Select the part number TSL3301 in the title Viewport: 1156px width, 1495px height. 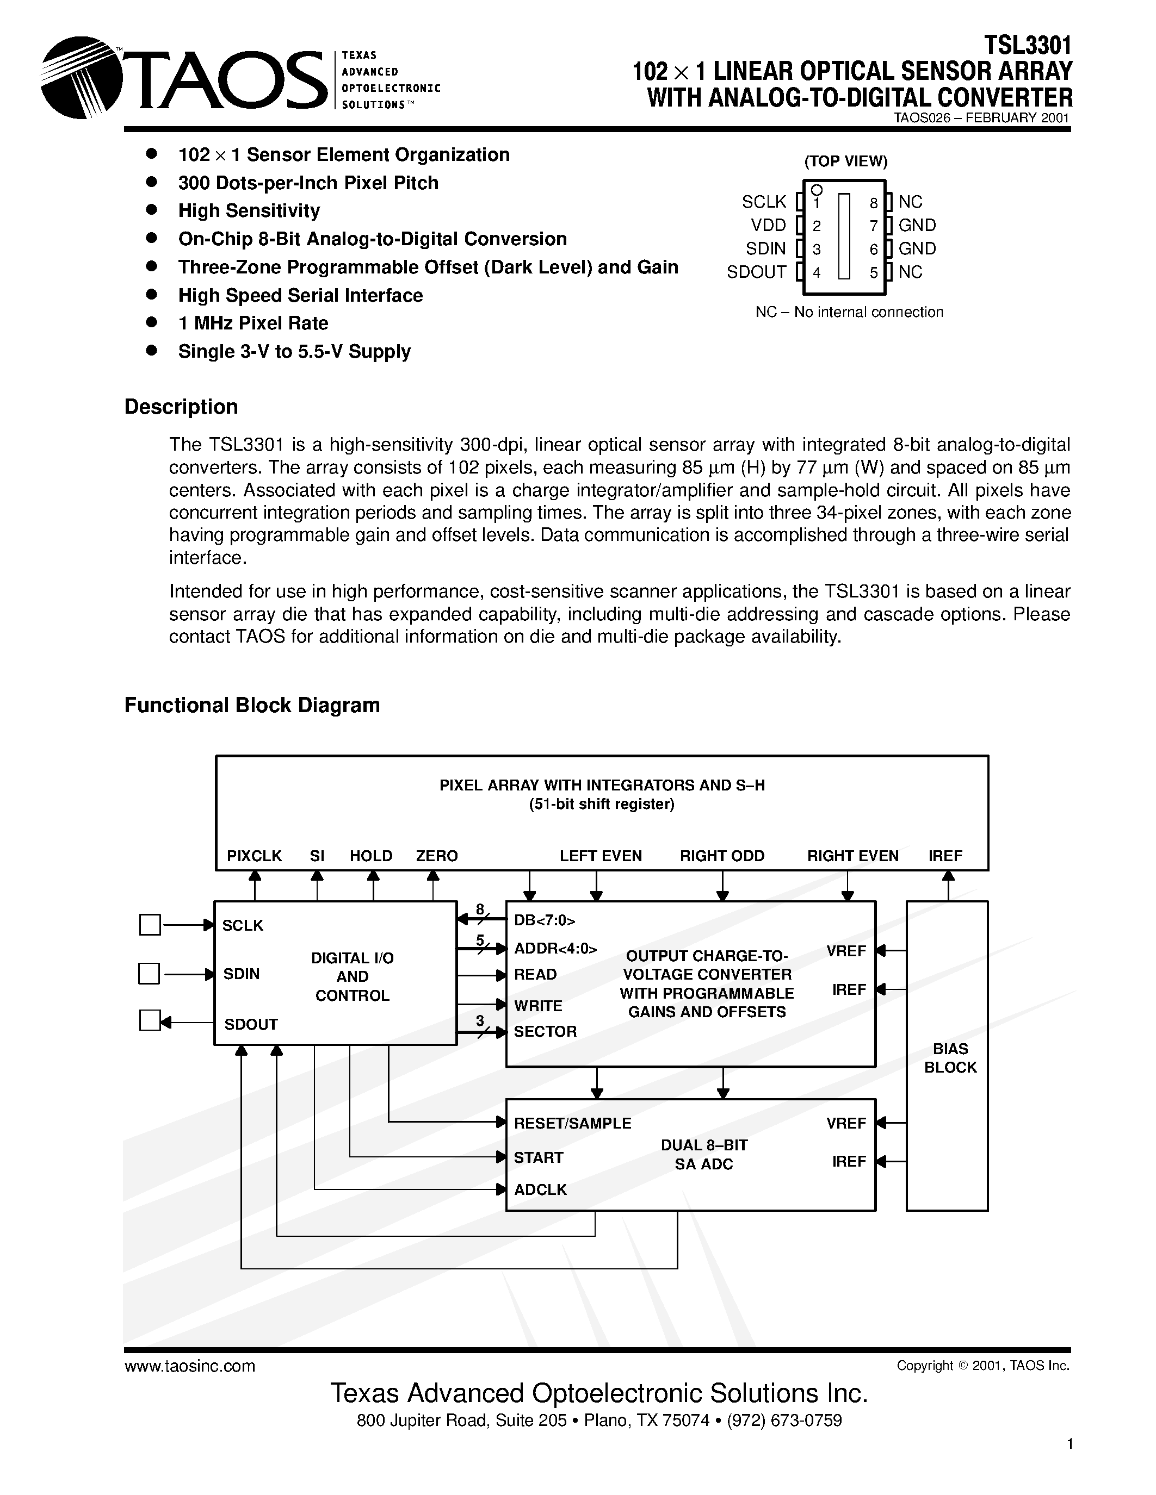[x=1027, y=45]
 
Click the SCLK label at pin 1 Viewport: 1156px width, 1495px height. [x=764, y=202]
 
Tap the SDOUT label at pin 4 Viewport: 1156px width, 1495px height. [x=756, y=272]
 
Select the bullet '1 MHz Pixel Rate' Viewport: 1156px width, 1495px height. [x=253, y=323]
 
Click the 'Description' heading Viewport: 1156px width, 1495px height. [x=181, y=407]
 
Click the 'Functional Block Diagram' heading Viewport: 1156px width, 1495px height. [x=251, y=705]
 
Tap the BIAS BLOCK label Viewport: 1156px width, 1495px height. [x=950, y=1057]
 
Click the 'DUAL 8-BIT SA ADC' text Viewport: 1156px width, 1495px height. [x=703, y=1154]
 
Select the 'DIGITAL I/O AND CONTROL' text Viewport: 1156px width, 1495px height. [x=352, y=977]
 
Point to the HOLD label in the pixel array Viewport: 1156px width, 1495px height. [x=370, y=856]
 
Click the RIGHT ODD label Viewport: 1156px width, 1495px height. [x=722, y=856]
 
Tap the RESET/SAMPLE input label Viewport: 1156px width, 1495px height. [x=572, y=1123]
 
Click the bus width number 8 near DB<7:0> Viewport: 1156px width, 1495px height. [x=479, y=910]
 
